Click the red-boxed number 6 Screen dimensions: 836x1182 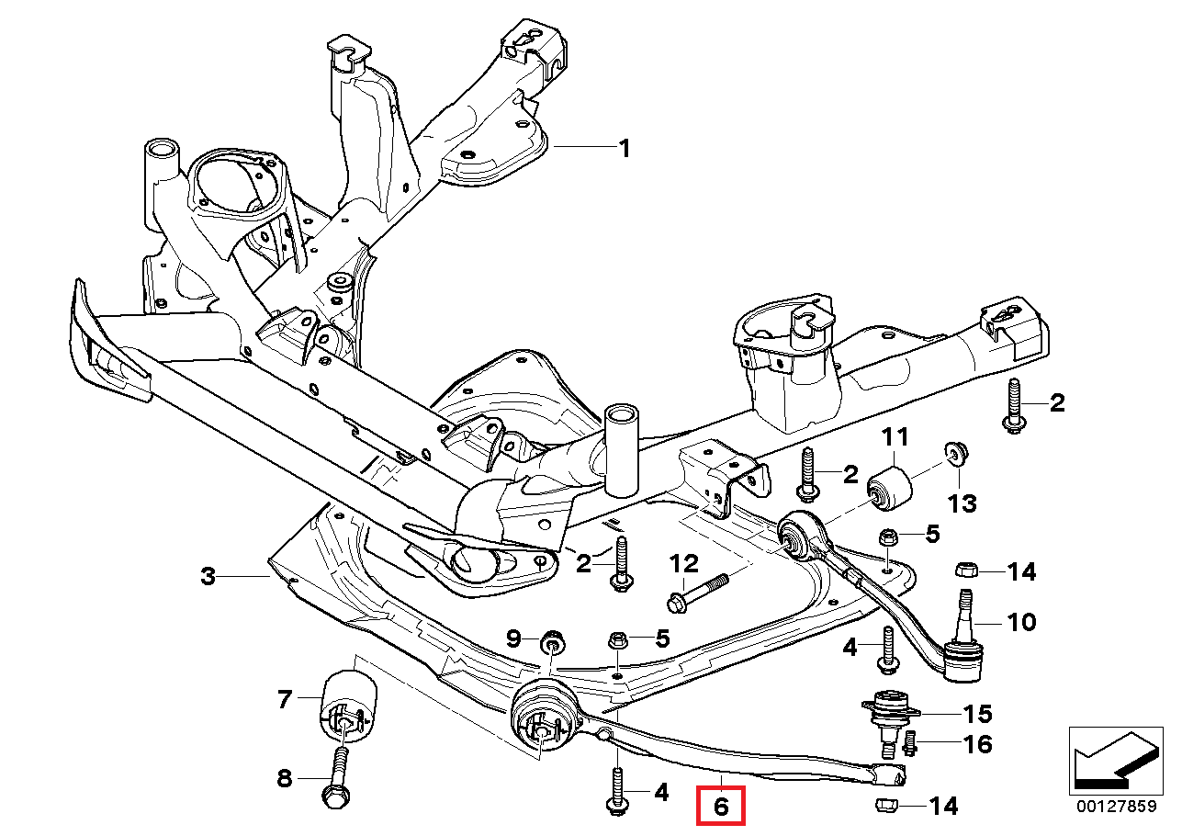click(x=721, y=807)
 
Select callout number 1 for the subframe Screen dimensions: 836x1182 click(x=625, y=148)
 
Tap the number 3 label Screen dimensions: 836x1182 click(x=208, y=577)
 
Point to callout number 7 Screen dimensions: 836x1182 click(x=284, y=701)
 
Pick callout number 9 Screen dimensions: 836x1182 click(x=513, y=638)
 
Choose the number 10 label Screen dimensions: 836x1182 click(x=1021, y=623)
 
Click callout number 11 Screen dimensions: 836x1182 click(x=895, y=435)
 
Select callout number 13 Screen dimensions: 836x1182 click(x=962, y=503)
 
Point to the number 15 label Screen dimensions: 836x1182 click(x=977, y=713)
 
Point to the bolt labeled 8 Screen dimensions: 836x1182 click(x=337, y=776)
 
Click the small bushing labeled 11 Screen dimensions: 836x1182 click(x=889, y=485)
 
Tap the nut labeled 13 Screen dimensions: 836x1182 click(x=955, y=452)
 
